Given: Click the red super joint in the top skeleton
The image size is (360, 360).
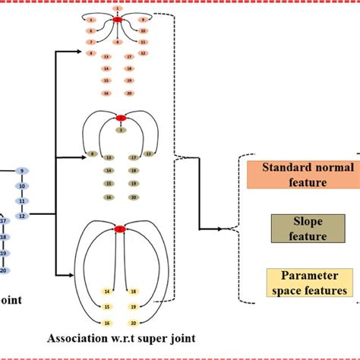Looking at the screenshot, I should tap(117, 18).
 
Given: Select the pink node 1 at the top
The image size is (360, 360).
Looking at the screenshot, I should tap(117, 8).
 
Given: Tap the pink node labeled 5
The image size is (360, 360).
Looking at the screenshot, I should tap(91, 18).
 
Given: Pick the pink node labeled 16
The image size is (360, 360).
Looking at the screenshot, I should tap(107, 93).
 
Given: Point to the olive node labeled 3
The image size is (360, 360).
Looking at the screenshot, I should tap(120, 130).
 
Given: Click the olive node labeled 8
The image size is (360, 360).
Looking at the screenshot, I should tap(92, 154).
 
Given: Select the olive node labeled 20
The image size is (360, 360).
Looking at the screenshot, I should tap(134, 197).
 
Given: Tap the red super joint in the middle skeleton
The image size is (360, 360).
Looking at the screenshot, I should tap(120, 118).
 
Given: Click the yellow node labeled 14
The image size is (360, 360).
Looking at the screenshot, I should tap(107, 291).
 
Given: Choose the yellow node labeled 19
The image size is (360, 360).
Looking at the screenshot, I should tap(134, 307).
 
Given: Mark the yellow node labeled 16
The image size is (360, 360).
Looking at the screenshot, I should tap(107, 322).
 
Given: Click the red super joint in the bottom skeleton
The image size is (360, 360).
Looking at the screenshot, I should tap(120, 229).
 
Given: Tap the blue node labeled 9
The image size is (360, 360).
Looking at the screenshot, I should tap(23, 171).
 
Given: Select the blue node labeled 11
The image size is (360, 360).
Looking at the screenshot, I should tap(23, 201).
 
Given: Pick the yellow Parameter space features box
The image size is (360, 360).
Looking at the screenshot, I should tap(308, 282).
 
